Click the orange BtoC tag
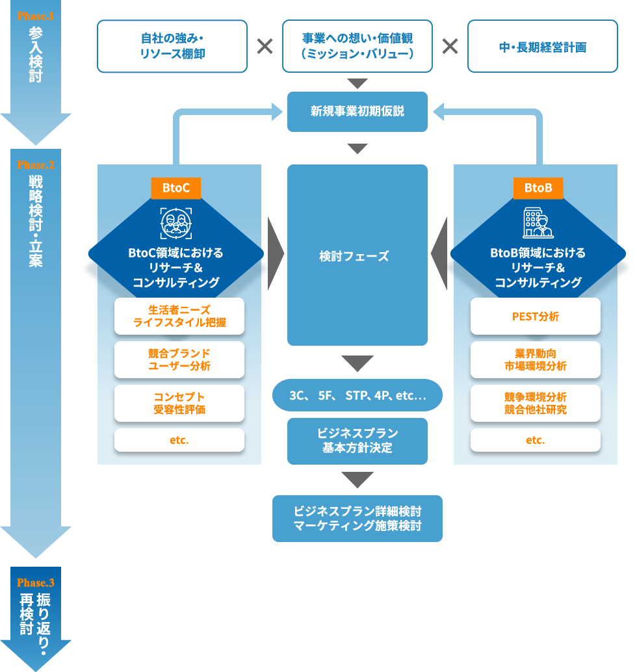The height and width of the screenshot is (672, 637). pyautogui.click(x=176, y=188)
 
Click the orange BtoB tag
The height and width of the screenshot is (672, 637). pyautogui.click(x=538, y=188)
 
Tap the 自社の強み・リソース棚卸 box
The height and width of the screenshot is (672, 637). pyautogui.click(x=172, y=46)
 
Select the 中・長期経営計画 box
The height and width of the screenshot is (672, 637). pyautogui.click(x=542, y=46)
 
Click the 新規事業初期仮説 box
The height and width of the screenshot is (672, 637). pyautogui.click(x=357, y=111)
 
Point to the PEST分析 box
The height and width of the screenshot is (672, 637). pyautogui.click(x=535, y=317)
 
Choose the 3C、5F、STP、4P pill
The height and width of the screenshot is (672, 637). pyautogui.click(x=357, y=395)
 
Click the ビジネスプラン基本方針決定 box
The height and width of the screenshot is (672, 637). pyautogui.click(x=357, y=441)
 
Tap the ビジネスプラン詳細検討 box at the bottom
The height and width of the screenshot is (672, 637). pyautogui.click(x=357, y=519)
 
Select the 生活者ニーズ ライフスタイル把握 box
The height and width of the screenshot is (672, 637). pyautogui.click(x=179, y=316)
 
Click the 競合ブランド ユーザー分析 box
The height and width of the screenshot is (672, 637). pyautogui.click(x=179, y=359)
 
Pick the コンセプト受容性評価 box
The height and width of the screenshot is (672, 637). pyautogui.click(x=179, y=403)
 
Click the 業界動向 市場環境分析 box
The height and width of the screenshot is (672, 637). pyautogui.click(x=535, y=359)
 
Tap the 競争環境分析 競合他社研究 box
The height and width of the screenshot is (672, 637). pyautogui.click(x=535, y=403)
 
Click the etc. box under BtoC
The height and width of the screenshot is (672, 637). pyautogui.click(x=179, y=440)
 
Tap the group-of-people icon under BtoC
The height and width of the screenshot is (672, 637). pyautogui.click(x=176, y=223)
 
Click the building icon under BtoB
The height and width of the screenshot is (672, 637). pyautogui.click(x=538, y=223)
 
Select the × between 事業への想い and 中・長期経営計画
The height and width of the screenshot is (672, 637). pyautogui.click(x=450, y=46)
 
